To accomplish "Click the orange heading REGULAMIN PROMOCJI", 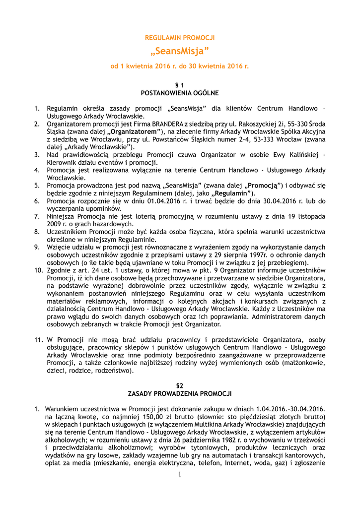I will [x=180, y=38].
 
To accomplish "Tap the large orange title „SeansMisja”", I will [x=180, y=51].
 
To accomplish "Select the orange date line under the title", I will [x=180, y=65].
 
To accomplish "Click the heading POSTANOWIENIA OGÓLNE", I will [x=180, y=93].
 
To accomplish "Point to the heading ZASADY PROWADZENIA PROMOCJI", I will [x=180, y=394].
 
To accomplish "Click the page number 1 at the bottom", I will [x=180, y=474].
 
